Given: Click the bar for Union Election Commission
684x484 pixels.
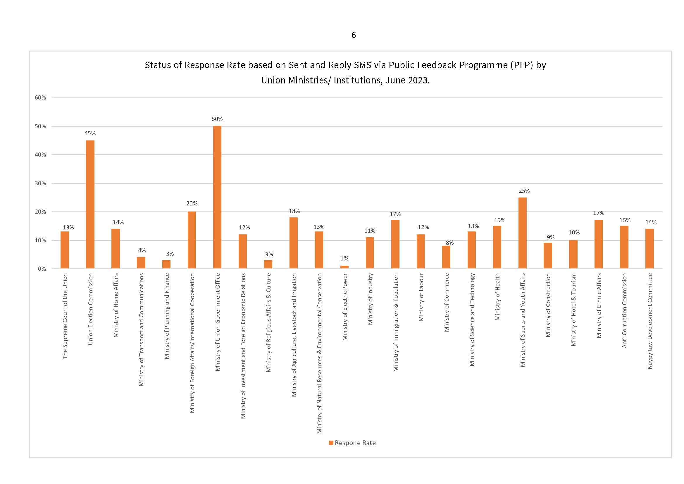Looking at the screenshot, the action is tap(90, 205).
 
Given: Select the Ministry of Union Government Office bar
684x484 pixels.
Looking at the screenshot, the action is tap(217, 197).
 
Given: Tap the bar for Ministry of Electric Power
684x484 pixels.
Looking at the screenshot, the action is tap(344, 267).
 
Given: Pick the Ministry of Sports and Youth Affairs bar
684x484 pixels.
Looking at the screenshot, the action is tap(523, 233).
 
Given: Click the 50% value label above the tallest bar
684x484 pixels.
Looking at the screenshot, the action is tap(217, 119).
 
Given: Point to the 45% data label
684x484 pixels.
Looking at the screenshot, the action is tap(90, 133).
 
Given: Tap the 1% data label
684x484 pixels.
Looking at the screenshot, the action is tap(344, 258).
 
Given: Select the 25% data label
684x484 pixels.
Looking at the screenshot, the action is tap(524, 191).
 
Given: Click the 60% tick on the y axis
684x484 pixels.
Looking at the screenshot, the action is tap(41, 97).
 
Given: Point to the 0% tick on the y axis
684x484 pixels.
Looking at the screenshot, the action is tap(42, 269).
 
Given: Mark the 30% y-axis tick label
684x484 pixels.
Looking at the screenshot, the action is tap(41, 183).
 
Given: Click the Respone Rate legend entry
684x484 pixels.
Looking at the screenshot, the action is tap(352, 443).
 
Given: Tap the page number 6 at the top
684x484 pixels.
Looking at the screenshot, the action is tap(354, 35).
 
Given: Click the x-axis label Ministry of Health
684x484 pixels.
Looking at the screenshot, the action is tap(497, 297).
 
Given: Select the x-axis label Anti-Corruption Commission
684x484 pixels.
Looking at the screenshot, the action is tap(624, 310).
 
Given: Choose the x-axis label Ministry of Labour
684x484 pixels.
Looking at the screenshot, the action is tap(421, 297).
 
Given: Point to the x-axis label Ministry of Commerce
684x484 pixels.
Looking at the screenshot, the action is tap(446, 303).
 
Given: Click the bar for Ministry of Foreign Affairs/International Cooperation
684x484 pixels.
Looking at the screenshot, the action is tap(192, 240).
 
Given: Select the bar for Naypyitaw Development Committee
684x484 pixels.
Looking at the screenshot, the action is tap(649, 249).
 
